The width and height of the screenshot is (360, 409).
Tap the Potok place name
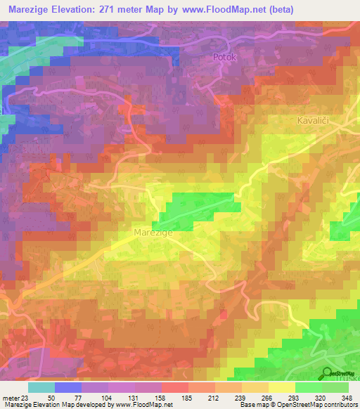226,60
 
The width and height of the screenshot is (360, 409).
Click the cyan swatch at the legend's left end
41,387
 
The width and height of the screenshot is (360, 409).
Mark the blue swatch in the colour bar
67,387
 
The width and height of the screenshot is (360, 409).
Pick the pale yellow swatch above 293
282,387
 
